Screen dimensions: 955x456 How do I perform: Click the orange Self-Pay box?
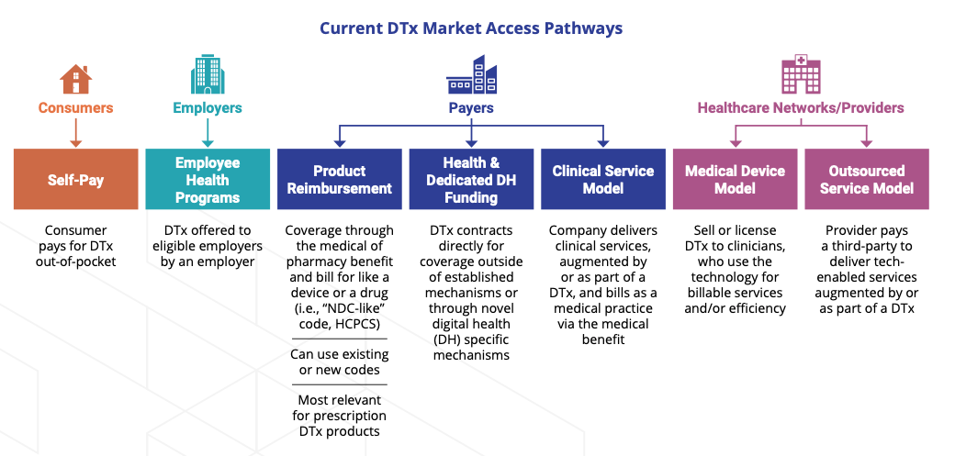[75, 179]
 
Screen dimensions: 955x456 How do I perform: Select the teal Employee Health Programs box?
[208, 179]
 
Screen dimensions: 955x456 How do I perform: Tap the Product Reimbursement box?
[339, 179]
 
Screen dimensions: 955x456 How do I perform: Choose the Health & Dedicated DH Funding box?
[471, 179]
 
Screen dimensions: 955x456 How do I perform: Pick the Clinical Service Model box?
[603, 179]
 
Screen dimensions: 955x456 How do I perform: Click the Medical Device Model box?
[736, 179]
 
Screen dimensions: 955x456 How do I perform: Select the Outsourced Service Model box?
[867, 179]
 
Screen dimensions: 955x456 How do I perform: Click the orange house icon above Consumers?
[75, 79]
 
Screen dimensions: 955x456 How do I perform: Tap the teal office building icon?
[208, 74]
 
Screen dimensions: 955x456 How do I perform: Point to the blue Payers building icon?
[471, 74]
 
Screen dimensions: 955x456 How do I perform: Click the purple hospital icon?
[801, 73]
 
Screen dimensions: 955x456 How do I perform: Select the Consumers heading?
[75, 108]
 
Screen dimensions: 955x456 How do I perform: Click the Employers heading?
[208, 108]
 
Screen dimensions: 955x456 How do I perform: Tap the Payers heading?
[471, 108]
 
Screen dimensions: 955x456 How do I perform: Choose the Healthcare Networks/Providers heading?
[801, 108]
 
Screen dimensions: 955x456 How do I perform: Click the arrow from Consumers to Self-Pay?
[75, 133]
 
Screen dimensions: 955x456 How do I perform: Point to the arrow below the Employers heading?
[208, 133]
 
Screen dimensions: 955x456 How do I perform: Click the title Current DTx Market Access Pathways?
[471, 28]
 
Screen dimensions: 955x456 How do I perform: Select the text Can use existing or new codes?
[339, 361]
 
